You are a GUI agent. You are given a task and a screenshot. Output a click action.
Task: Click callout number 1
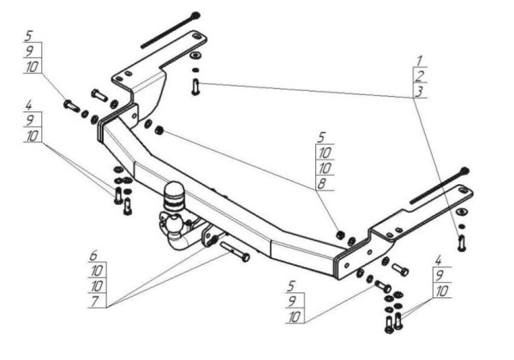[x=419, y=61]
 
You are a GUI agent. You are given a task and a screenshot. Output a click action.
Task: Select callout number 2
[x=420, y=75]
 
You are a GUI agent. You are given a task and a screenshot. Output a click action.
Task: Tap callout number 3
[x=419, y=91]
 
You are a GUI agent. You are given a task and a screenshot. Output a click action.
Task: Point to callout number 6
[x=93, y=255]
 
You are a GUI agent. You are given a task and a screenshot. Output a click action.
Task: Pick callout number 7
[x=95, y=302]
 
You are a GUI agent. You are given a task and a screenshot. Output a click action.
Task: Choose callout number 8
[x=321, y=184]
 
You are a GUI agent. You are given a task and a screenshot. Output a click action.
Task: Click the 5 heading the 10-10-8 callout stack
[x=321, y=137]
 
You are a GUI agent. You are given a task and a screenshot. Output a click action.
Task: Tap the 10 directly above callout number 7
[x=97, y=286]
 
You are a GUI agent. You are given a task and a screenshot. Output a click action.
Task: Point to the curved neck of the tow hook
[x=180, y=239]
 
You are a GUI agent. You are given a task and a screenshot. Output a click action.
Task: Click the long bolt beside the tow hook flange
[x=235, y=251]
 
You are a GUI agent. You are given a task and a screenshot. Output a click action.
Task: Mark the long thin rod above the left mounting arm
[x=170, y=30]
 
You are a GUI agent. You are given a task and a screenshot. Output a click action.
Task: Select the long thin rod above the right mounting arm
[x=439, y=185]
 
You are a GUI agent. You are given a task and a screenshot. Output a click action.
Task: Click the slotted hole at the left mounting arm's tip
[x=196, y=36]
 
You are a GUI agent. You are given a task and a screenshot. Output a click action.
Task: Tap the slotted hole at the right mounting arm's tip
[x=463, y=189]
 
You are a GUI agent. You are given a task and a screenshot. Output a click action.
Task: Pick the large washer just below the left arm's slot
[x=195, y=55]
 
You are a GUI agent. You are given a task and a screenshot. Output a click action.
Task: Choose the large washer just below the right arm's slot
[x=462, y=212]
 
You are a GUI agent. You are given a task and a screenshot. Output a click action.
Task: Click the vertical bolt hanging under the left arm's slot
[x=195, y=87]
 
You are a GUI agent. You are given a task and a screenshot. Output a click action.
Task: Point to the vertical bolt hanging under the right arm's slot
[x=462, y=243]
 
